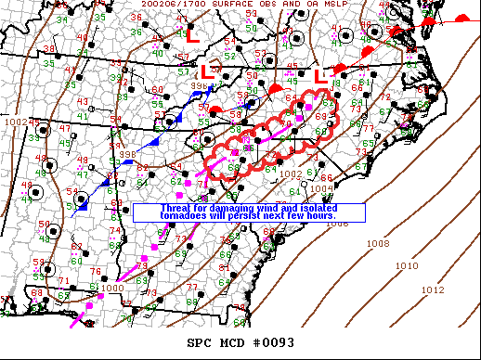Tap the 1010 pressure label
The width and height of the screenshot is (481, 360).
[406, 266]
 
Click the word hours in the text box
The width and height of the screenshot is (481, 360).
[330, 216]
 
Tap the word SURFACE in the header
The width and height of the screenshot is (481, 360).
[225, 5]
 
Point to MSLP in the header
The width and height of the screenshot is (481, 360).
[322, 5]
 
